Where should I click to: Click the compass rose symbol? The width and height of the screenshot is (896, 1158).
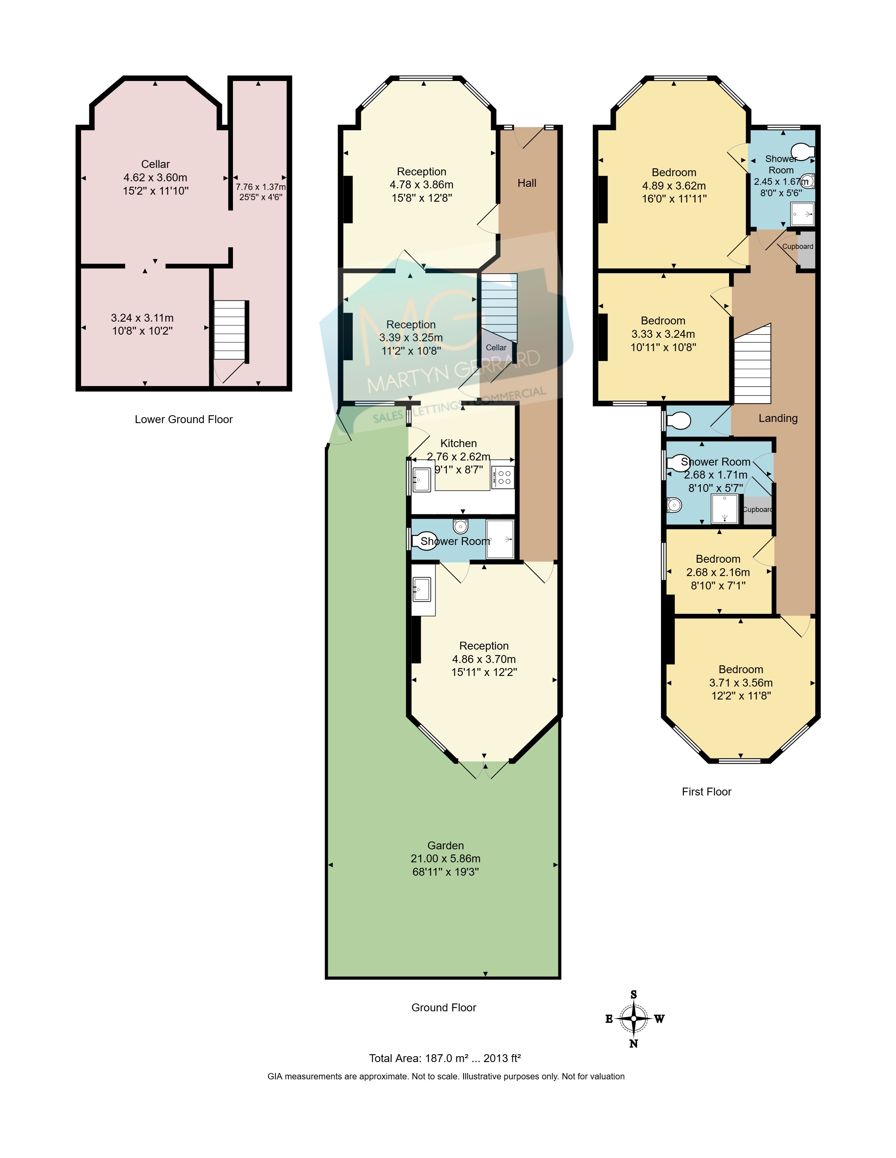pyautogui.click(x=634, y=1018)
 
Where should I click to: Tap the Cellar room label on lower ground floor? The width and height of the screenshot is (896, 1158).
pyautogui.click(x=155, y=164)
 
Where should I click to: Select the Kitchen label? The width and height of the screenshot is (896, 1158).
pyautogui.click(x=458, y=443)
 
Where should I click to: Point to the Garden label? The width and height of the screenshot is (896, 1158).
pyautogui.click(x=445, y=845)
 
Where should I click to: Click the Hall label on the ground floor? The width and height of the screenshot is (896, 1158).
pyautogui.click(x=527, y=183)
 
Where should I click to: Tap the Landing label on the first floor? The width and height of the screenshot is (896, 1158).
pyautogui.click(x=778, y=418)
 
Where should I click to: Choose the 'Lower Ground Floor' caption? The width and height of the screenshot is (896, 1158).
pyautogui.click(x=183, y=420)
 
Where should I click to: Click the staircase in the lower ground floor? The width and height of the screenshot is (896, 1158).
pyautogui.click(x=230, y=330)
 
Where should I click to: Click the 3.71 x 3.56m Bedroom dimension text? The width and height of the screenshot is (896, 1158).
pyautogui.click(x=741, y=683)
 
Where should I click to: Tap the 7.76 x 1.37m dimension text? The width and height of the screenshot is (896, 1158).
pyautogui.click(x=260, y=187)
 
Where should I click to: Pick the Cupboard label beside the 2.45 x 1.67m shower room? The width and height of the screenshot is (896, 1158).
pyautogui.click(x=797, y=247)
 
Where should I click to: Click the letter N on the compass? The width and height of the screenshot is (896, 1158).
pyautogui.click(x=634, y=1044)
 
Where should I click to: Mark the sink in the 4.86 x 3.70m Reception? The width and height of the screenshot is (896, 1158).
pyautogui.click(x=422, y=589)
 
